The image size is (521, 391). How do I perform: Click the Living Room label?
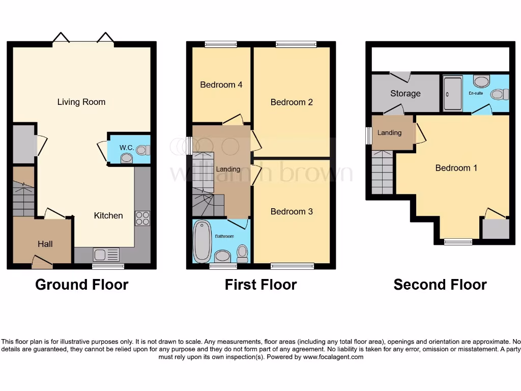point(81,102)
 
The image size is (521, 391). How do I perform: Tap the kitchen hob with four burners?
point(142,218)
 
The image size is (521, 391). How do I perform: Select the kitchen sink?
point(106,254)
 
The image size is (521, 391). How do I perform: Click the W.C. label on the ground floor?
point(127,148)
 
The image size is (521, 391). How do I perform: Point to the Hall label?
point(45,244)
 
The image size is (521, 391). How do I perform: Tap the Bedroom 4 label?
point(221,85)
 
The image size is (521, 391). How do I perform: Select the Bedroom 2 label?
point(292,102)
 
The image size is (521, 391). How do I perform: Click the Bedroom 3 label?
point(292,211)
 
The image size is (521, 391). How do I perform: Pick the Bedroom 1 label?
point(456,167)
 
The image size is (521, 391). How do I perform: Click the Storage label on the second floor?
point(406,93)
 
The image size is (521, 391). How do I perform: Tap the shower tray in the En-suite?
point(452,93)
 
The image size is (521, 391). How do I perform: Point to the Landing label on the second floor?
point(389,132)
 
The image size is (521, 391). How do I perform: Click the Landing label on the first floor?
point(228,169)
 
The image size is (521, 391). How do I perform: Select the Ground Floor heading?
point(81,285)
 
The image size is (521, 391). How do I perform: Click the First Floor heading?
point(260,285)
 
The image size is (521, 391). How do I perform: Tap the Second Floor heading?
point(440,285)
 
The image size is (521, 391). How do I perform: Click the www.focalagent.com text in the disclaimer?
point(333,357)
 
